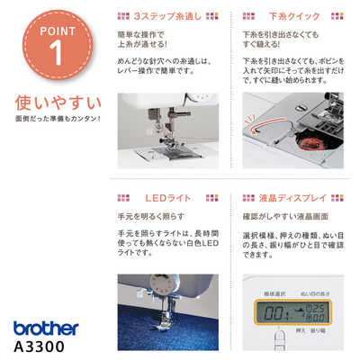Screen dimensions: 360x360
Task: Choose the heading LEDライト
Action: tap(166, 196)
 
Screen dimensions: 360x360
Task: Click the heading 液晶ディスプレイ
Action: tap(294, 196)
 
